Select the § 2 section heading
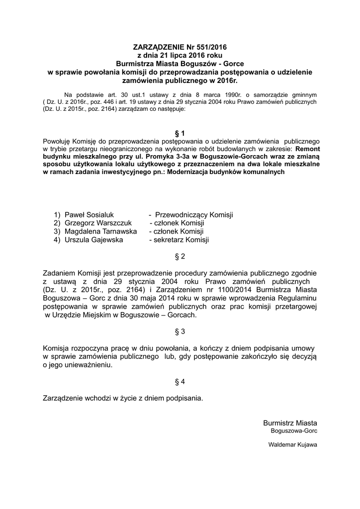coord(180,256)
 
